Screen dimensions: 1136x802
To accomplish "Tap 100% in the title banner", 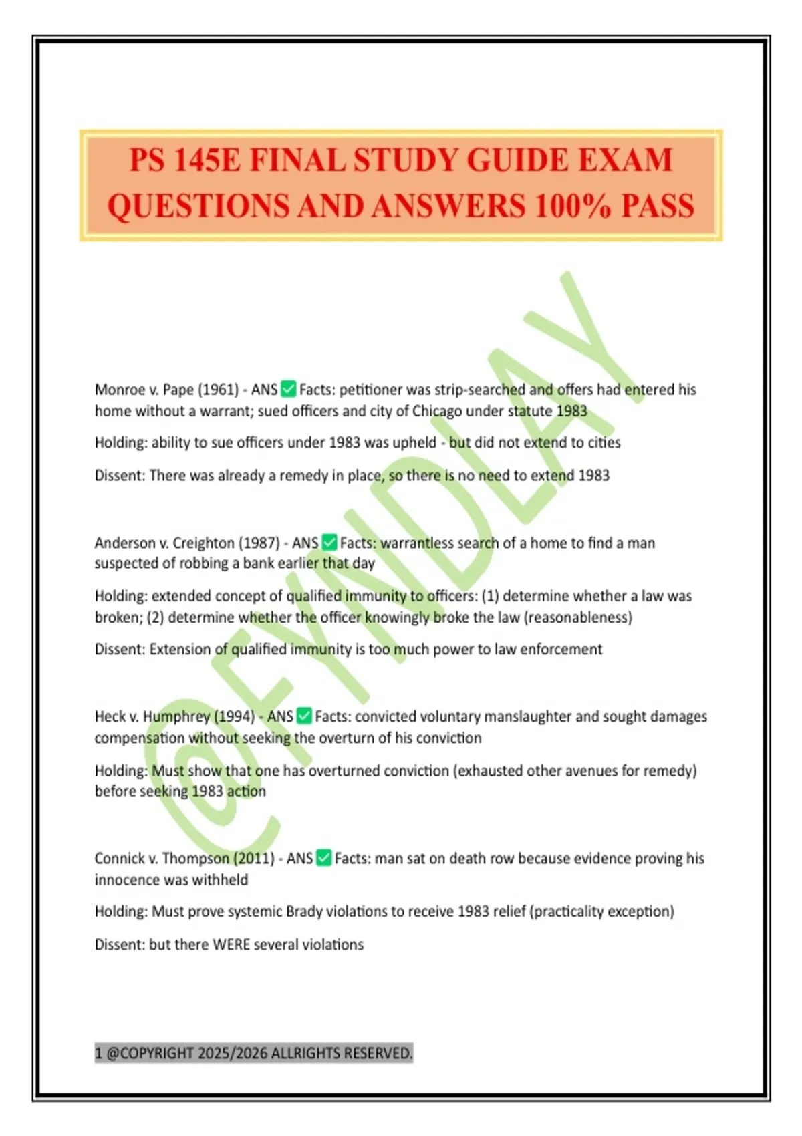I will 573,206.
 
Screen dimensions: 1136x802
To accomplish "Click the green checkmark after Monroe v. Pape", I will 289,389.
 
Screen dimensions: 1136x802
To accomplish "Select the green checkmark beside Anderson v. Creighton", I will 329,543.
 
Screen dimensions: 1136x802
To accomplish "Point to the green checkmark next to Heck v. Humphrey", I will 304,716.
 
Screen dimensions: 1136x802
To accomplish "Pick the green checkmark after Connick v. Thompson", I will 323,858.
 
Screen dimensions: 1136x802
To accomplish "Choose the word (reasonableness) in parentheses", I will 578,617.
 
